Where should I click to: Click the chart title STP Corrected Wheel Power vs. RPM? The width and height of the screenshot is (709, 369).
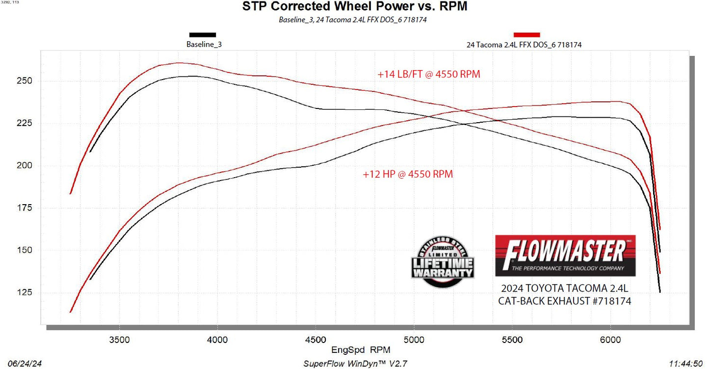[355, 7]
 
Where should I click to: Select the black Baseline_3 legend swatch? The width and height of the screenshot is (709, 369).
[203, 35]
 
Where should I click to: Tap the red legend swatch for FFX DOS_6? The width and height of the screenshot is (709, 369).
[526, 35]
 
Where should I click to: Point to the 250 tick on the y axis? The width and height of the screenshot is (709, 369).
[25, 81]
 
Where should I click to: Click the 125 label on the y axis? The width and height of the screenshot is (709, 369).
[25, 293]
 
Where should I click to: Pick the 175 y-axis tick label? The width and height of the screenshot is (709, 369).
[25, 208]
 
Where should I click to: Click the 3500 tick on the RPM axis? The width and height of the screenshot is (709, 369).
[119, 340]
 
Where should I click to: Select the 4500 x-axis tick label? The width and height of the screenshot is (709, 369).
[315, 340]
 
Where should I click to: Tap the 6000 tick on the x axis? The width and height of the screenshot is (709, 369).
[610, 340]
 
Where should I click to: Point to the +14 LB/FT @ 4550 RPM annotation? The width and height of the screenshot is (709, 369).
[429, 75]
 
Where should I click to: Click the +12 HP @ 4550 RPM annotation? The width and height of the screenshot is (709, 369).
[408, 174]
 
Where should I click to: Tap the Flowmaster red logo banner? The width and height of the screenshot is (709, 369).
[565, 255]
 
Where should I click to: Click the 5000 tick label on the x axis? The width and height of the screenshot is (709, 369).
[414, 340]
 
